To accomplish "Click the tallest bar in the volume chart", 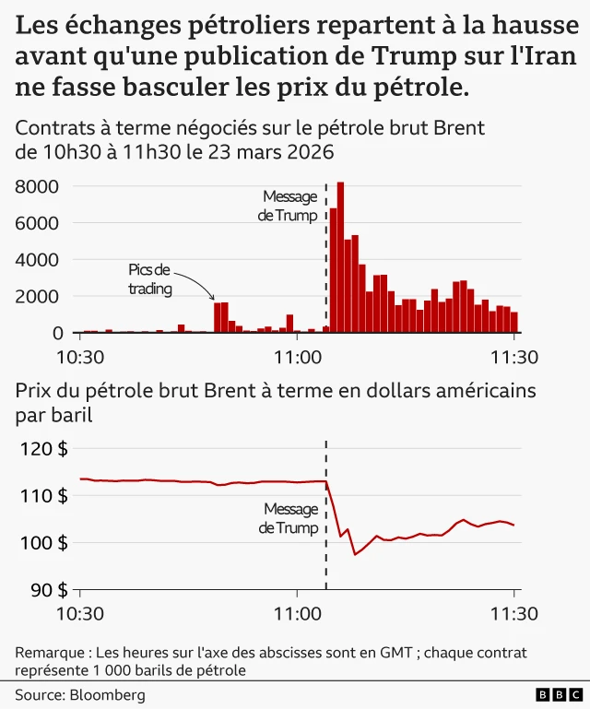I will (340, 258).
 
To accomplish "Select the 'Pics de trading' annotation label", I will (149, 278).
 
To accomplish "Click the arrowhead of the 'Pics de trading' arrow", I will (214, 299).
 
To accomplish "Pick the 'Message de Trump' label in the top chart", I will (289, 206).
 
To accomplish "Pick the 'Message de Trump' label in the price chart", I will (289, 518).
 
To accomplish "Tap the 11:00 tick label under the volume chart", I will (296, 357).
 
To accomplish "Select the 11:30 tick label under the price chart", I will (513, 613).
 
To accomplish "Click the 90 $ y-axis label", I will (48, 589).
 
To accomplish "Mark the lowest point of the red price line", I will (356, 554).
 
